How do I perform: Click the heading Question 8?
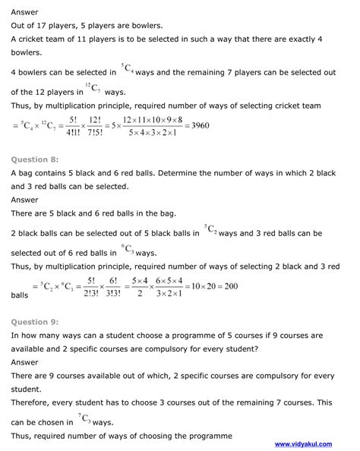tap(35, 159)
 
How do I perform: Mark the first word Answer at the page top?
tap(26, 11)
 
